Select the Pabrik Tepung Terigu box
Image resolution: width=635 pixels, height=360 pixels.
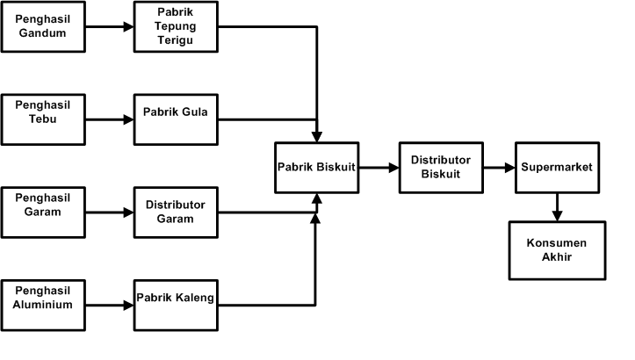click(176, 25)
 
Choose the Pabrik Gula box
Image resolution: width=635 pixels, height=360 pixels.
click(176, 119)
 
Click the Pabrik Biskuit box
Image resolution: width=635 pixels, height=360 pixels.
click(316, 166)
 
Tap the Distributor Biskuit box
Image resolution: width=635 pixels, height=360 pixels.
click(441, 166)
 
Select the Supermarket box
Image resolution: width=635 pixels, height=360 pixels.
click(557, 166)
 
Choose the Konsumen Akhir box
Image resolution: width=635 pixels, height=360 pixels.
click(556, 249)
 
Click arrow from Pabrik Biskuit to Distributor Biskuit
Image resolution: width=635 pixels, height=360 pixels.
click(378, 166)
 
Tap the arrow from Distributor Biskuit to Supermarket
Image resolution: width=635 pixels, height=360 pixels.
click(499, 166)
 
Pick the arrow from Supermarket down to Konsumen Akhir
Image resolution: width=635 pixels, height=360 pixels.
click(556, 207)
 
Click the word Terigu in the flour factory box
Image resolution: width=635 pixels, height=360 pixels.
click(176, 40)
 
